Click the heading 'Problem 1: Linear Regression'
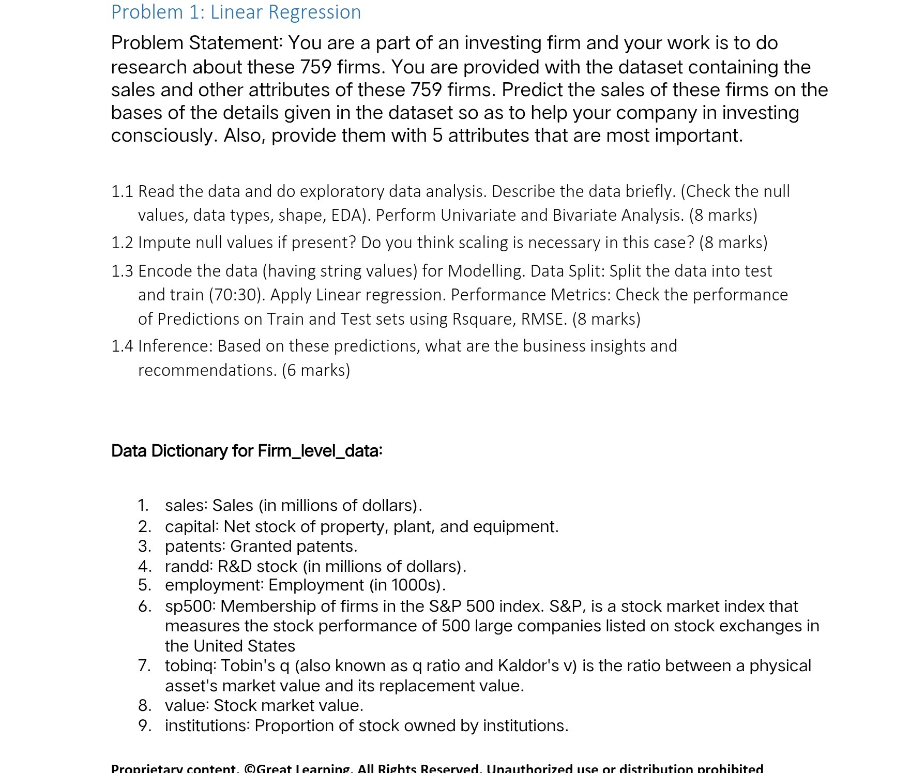coord(236,12)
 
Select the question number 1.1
coord(122,192)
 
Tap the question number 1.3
coord(122,271)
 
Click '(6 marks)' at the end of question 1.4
coord(316,370)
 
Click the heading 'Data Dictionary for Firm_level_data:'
coord(247,451)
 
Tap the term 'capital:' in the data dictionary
coord(192,526)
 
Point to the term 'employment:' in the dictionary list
coord(215,585)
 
